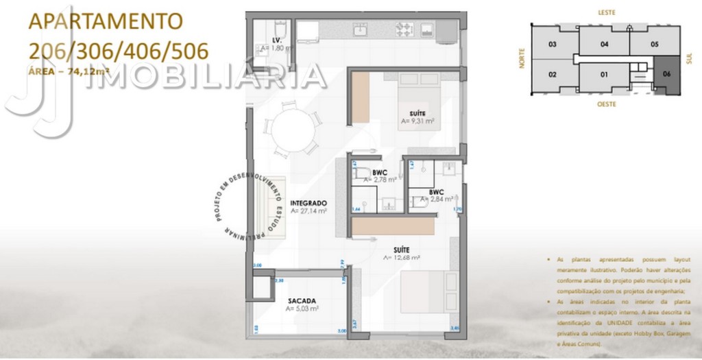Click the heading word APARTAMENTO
pos(106,21)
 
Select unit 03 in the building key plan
pos(552,44)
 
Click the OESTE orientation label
pos(606,104)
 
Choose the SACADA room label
pos(302,300)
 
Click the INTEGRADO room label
pos(308,203)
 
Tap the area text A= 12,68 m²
pos(402,258)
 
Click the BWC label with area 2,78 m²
pos(380,172)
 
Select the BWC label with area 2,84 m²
pos(436,192)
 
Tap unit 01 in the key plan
pos(604,74)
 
